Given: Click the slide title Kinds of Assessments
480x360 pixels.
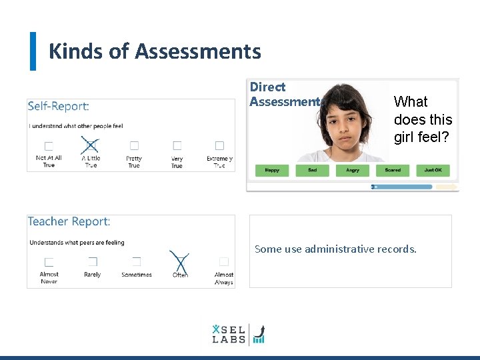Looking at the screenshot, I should pyautogui.click(x=155, y=51).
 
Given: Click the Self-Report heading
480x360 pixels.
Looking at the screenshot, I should pyautogui.click(x=59, y=106).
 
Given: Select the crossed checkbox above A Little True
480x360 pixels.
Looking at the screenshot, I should pyautogui.click(x=91, y=145).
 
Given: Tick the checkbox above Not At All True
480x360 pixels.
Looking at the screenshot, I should pyautogui.click(x=49, y=145).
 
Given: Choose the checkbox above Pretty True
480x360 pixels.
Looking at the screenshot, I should pyautogui.click(x=134, y=145).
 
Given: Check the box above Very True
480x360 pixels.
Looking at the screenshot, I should pyautogui.click(x=177, y=145).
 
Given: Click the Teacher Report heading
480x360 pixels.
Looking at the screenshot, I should pyautogui.click(x=69, y=221).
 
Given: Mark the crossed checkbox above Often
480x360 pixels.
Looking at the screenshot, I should pyautogui.click(x=180, y=262).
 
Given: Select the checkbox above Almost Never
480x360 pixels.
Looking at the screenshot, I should pyautogui.click(x=49, y=262).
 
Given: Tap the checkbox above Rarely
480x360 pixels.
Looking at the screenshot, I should pyautogui.click(x=93, y=262).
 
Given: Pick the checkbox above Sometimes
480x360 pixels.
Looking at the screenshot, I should pyautogui.click(x=136, y=262).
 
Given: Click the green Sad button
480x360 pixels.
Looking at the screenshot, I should pyautogui.click(x=313, y=171).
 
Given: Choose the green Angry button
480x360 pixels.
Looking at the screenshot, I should pyautogui.click(x=353, y=171).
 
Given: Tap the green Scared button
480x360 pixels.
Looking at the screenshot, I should pyautogui.click(x=393, y=171).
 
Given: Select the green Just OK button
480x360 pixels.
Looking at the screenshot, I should pyautogui.click(x=433, y=171).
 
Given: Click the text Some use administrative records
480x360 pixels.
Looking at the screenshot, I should pyautogui.click(x=335, y=249).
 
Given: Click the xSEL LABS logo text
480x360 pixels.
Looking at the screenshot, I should pyautogui.click(x=229, y=334).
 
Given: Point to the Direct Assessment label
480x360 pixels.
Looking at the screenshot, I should pyautogui.click(x=284, y=94).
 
